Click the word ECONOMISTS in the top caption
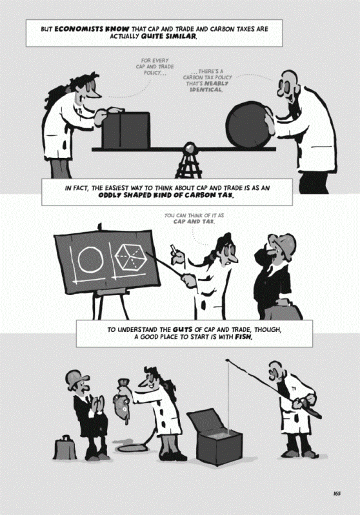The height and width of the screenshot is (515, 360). click(75, 29)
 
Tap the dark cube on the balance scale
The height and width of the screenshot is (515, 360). click(126, 130)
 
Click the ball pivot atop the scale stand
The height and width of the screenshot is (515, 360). click(190, 148)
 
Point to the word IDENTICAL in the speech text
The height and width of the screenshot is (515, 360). click(206, 90)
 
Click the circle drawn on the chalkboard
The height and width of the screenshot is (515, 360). click(90, 260)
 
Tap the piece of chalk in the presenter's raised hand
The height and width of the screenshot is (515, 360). click(172, 249)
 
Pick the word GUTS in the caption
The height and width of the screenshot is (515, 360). click(182, 329)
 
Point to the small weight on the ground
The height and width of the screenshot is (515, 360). click(65, 448)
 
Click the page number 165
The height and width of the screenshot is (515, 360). click(336, 494)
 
